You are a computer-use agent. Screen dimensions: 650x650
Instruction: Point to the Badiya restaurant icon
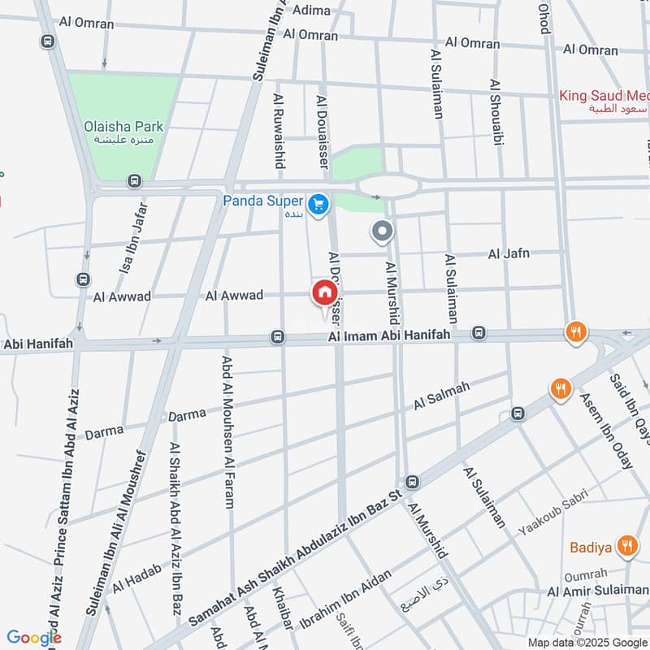[626, 547]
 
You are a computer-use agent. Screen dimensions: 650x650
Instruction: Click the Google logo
[34, 638]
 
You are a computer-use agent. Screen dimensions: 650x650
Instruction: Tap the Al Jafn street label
[509, 254]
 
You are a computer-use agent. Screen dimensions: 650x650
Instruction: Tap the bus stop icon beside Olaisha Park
[134, 182]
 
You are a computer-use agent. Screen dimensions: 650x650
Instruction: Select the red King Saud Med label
[601, 96]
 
